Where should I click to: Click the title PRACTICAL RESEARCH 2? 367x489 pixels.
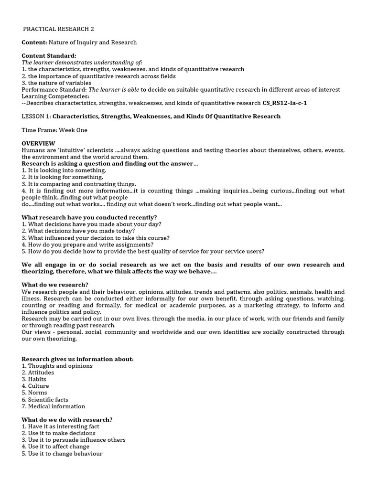[x=62, y=29]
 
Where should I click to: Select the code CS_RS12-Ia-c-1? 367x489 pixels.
[x=284, y=103]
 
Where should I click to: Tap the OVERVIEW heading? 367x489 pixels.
[x=38, y=143]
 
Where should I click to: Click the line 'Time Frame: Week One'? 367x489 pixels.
[x=54, y=130]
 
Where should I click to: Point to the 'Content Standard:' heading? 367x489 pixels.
[x=49, y=56]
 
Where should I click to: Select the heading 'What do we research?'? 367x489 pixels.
[x=55, y=285]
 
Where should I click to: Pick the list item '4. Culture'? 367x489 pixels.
[x=35, y=386]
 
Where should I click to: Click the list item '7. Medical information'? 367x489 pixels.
[x=54, y=406]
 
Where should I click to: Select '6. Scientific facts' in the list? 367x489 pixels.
[x=45, y=400]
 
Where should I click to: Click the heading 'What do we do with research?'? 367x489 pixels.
[x=67, y=420]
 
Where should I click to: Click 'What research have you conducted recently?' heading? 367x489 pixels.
[x=89, y=217]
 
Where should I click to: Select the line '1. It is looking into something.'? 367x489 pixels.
[x=64, y=170]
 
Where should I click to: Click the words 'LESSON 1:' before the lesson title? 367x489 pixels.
[x=36, y=117]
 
